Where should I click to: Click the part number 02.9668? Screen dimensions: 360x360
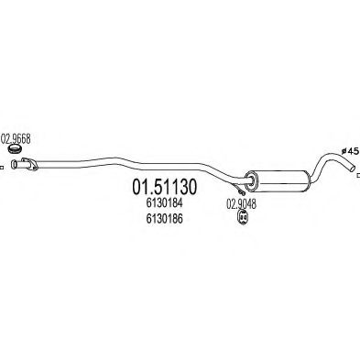click(16, 139)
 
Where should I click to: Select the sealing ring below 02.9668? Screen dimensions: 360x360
click(15, 149)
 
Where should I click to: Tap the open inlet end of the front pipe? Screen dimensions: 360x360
click(14, 164)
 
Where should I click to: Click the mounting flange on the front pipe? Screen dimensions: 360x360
click(29, 163)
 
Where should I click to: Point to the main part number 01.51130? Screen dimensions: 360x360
click(165, 187)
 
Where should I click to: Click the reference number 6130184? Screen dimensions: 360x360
click(164, 202)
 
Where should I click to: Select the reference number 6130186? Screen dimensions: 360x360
click(164, 218)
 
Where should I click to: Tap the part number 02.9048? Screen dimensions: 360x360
click(241, 204)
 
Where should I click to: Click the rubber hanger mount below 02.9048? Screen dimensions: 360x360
click(243, 218)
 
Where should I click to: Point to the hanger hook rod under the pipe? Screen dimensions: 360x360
click(238, 189)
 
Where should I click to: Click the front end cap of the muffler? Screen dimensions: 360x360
click(252, 181)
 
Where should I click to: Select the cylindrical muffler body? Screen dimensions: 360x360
click(279, 180)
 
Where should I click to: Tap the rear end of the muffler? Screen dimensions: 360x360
click(309, 181)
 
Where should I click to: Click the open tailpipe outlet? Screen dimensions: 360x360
click(354, 169)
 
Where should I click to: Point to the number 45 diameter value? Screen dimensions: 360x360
click(353, 150)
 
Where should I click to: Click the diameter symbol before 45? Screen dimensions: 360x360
click(344, 151)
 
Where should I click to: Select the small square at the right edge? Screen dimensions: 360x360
click(358, 176)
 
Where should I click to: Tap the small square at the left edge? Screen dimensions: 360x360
click(2, 168)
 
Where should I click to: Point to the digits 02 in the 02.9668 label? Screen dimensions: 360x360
click(5, 139)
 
